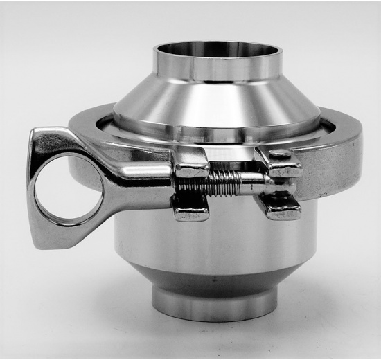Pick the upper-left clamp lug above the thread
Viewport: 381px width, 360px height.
coord(191,163)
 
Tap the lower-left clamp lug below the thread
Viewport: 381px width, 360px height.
coord(190,206)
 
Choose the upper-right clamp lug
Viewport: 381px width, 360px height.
coord(284,163)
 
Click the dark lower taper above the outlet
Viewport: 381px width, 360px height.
coord(211,280)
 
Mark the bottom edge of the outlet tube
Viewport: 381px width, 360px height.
coord(211,320)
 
